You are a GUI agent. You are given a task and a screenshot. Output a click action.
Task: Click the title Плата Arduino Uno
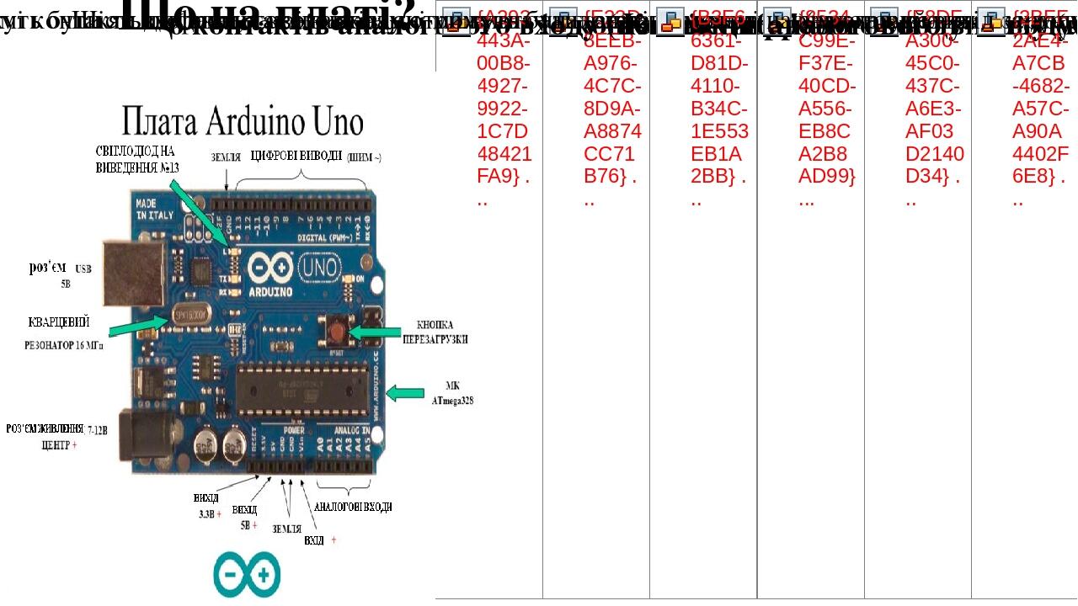click(243, 123)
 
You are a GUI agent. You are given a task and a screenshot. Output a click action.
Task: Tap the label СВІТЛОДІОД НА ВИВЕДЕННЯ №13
click(135, 158)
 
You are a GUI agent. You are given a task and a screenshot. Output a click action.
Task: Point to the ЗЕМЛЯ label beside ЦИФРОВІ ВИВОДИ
click(226, 157)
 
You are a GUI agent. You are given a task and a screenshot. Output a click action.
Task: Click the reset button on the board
click(337, 326)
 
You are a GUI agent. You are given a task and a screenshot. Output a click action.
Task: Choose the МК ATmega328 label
click(452, 395)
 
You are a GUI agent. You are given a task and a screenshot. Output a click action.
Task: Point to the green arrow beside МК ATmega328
click(405, 393)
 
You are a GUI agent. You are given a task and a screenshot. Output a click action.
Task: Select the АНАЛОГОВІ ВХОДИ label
click(352, 507)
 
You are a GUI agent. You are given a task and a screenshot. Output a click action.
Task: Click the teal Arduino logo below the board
click(246, 575)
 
